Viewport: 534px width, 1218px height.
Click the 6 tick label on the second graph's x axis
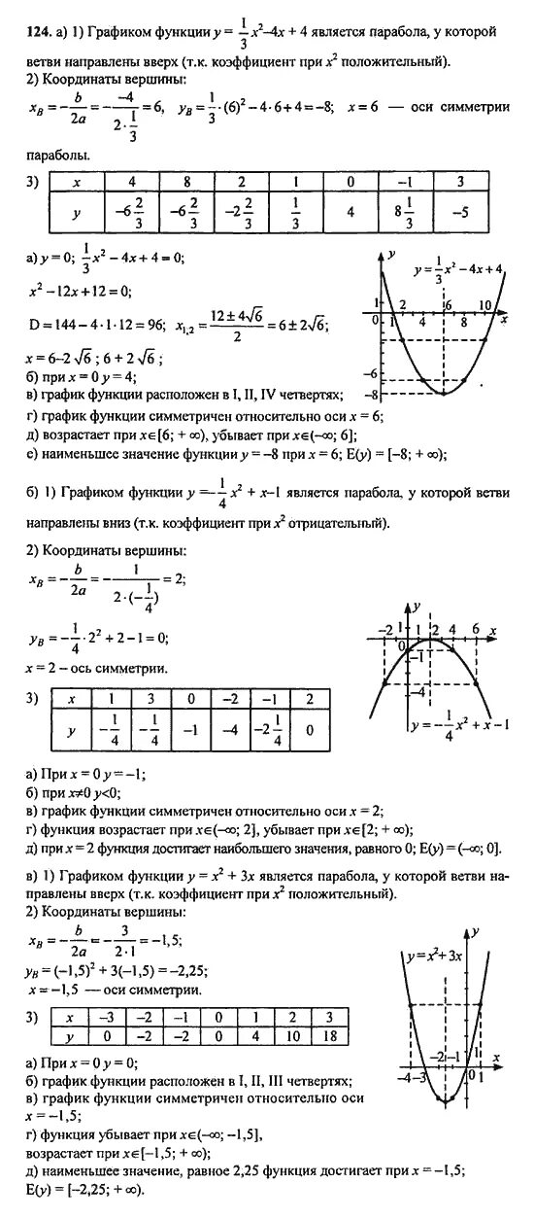(x=477, y=629)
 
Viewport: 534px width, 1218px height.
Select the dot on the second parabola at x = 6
(x=479, y=687)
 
